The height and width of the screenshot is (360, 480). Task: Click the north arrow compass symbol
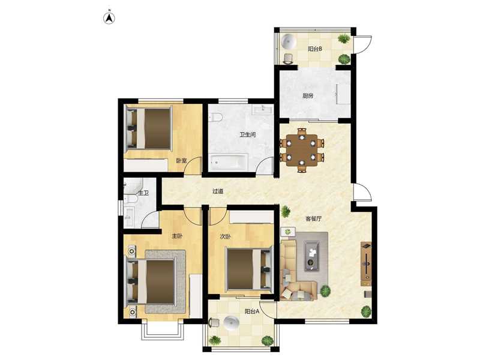109,18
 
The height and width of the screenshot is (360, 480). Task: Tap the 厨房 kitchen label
308,96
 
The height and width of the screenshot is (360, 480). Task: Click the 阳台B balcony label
314,49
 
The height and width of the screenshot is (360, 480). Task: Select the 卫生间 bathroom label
247,134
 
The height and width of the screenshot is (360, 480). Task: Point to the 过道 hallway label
218,191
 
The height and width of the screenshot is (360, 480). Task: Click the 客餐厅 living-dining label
313,219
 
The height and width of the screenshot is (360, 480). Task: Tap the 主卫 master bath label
143,193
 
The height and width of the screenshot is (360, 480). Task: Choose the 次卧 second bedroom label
226,236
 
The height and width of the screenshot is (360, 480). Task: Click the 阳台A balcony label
252,311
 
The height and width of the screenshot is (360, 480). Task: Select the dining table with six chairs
302,150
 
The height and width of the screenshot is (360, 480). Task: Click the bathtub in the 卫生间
229,162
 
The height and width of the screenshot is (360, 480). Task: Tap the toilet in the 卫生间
215,118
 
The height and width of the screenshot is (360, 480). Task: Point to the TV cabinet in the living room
366,264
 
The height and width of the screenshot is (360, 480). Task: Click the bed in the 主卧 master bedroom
151,282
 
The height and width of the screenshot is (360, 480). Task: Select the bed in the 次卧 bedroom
248,269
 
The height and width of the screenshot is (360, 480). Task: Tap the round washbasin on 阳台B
289,41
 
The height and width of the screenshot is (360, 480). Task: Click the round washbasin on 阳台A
232,323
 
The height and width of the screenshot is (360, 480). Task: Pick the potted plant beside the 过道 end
286,211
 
